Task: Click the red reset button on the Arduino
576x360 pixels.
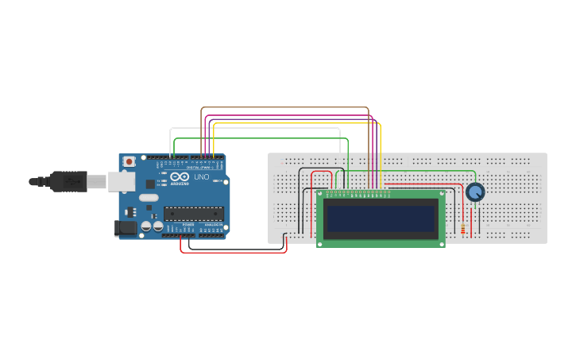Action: click(x=129, y=161)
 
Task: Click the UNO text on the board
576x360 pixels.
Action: click(x=202, y=177)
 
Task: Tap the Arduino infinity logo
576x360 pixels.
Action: click(x=180, y=176)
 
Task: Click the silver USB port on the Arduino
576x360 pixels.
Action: click(x=121, y=182)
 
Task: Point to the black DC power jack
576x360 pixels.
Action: click(x=126, y=228)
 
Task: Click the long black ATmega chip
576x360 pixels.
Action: click(x=193, y=213)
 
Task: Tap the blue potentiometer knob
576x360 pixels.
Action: click(x=475, y=192)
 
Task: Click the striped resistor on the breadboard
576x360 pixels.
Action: click(x=463, y=229)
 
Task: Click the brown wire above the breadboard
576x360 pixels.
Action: click(x=286, y=108)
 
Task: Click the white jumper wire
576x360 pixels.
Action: click(x=254, y=128)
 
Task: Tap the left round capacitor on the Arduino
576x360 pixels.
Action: click(x=147, y=226)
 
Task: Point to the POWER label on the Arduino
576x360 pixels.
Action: click(x=187, y=225)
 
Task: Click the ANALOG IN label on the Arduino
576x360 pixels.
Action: click(x=212, y=225)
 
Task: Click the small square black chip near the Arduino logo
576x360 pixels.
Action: click(x=150, y=184)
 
